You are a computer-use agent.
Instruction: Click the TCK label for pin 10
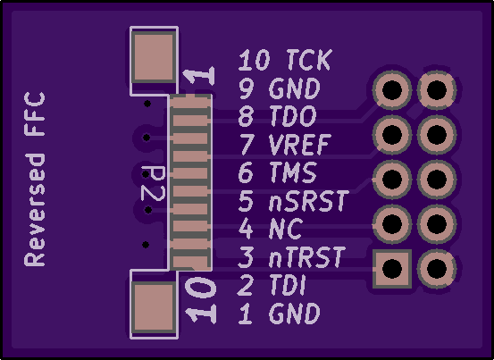[x=309, y=60]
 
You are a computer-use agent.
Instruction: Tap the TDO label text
[x=293, y=116]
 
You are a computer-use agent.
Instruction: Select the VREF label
[x=300, y=144]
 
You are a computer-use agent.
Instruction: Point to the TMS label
[x=293, y=172]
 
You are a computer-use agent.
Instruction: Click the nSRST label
[x=309, y=200]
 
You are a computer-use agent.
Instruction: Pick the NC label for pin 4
[x=286, y=229]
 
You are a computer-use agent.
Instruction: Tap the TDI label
[x=288, y=285]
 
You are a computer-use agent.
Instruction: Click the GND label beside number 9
[x=295, y=88]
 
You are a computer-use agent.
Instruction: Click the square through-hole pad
[x=392, y=269]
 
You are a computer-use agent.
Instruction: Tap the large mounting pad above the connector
[x=154, y=57]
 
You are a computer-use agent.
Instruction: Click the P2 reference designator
[x=153, y=183]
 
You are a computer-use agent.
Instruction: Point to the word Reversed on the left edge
[x=35, y=210]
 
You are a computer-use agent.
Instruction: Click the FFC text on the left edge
[x=35, y=114]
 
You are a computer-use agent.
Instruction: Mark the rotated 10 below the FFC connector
[x=201, y=288]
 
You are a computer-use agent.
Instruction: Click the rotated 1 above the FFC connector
[x=199, y=76]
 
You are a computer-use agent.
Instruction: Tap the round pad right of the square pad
[x=437, y=269]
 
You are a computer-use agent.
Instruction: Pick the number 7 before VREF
[x=247, y=144]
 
